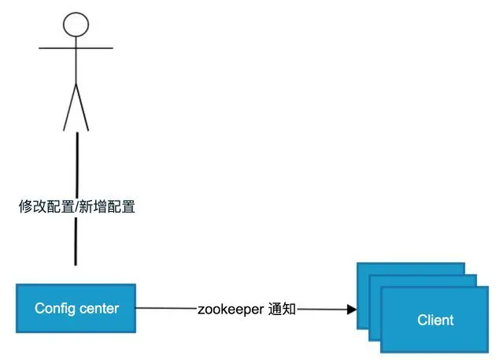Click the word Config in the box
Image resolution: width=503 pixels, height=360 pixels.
coord(54,308)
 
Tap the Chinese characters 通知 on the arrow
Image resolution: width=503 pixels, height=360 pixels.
coord(281,310)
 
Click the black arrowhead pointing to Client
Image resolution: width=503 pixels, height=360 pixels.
coord(351,310)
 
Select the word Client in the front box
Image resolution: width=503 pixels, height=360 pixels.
coord(435,320)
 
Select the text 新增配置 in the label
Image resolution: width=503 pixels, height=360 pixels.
coord(109,207)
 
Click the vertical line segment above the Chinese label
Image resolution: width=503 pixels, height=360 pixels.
coord(76,165)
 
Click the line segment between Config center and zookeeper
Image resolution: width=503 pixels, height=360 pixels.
coord(165,310)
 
